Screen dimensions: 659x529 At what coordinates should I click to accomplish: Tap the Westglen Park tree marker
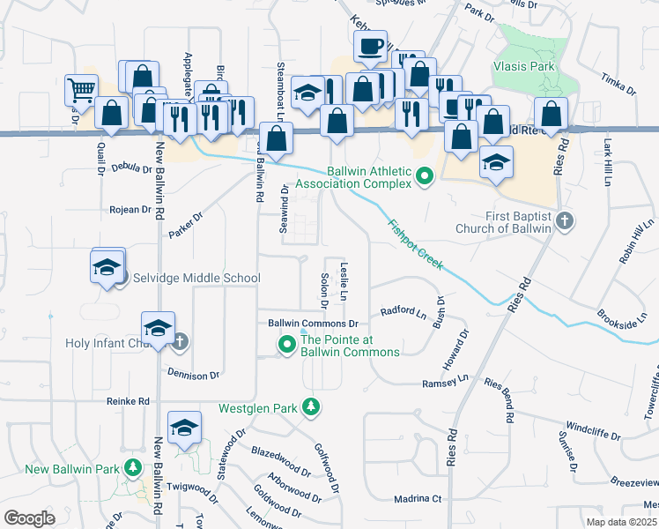coord(310,406)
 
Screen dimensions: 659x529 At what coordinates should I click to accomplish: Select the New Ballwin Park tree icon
coord(133,467)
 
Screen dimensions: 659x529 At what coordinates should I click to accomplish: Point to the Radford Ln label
coord(403,311)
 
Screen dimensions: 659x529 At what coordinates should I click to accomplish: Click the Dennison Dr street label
coord(192,376)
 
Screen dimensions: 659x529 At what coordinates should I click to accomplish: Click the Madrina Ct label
coord(418,498)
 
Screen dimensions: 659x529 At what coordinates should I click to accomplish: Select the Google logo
coord(29,518)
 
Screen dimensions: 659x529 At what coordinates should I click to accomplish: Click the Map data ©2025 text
coord(622,522)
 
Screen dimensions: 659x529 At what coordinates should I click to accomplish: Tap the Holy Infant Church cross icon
coord(180,341)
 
